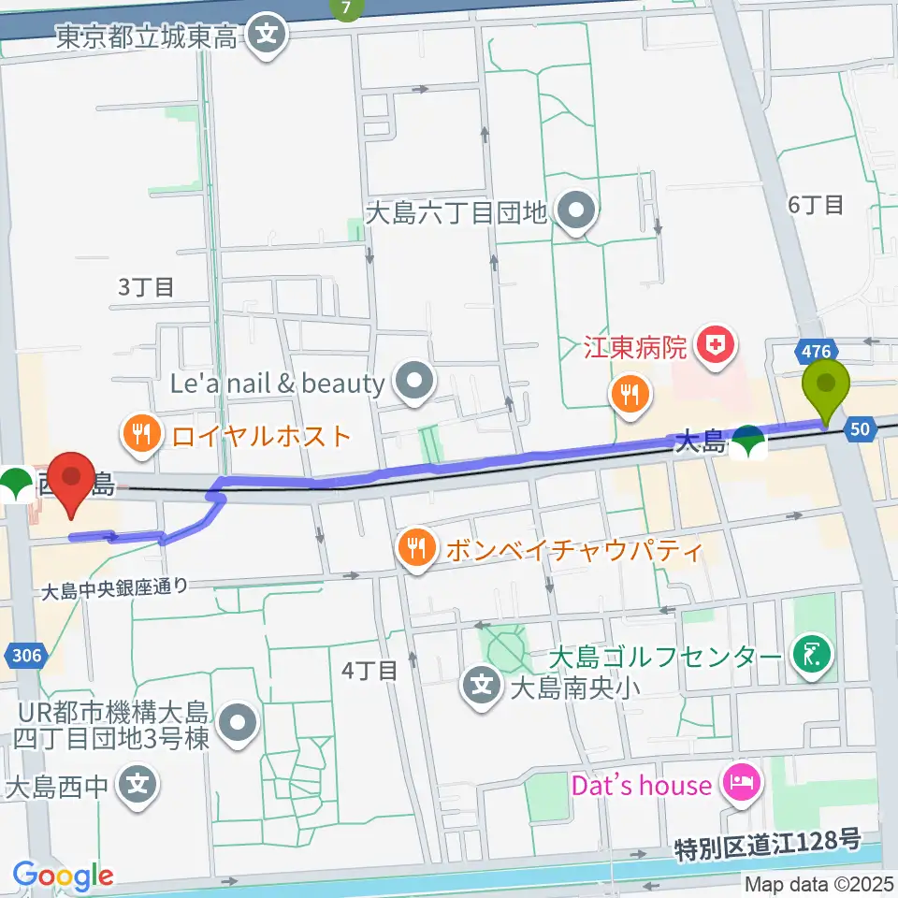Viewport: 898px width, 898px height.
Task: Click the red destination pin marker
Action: coord(72,480)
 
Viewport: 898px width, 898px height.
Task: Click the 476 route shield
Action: coord(815,351)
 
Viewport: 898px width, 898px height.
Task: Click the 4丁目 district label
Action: coord(369,670)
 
